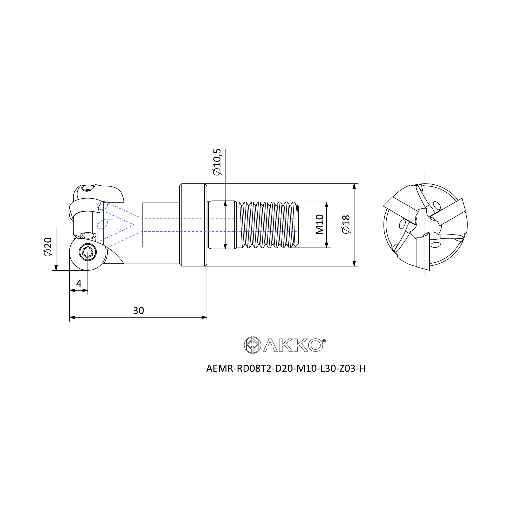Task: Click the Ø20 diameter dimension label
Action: coord(48,246)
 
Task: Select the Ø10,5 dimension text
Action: coord(217,162)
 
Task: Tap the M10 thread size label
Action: coord(320,224)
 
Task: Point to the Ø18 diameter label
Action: coord(346,224)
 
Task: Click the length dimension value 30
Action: coord(138,311)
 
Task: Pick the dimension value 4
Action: coord(79,283)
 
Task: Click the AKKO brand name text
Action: coord(293,345)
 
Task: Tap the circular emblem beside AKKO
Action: coord(252,345)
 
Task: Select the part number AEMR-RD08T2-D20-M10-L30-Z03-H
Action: coord(286,368)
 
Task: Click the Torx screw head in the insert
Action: coord(88,252)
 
